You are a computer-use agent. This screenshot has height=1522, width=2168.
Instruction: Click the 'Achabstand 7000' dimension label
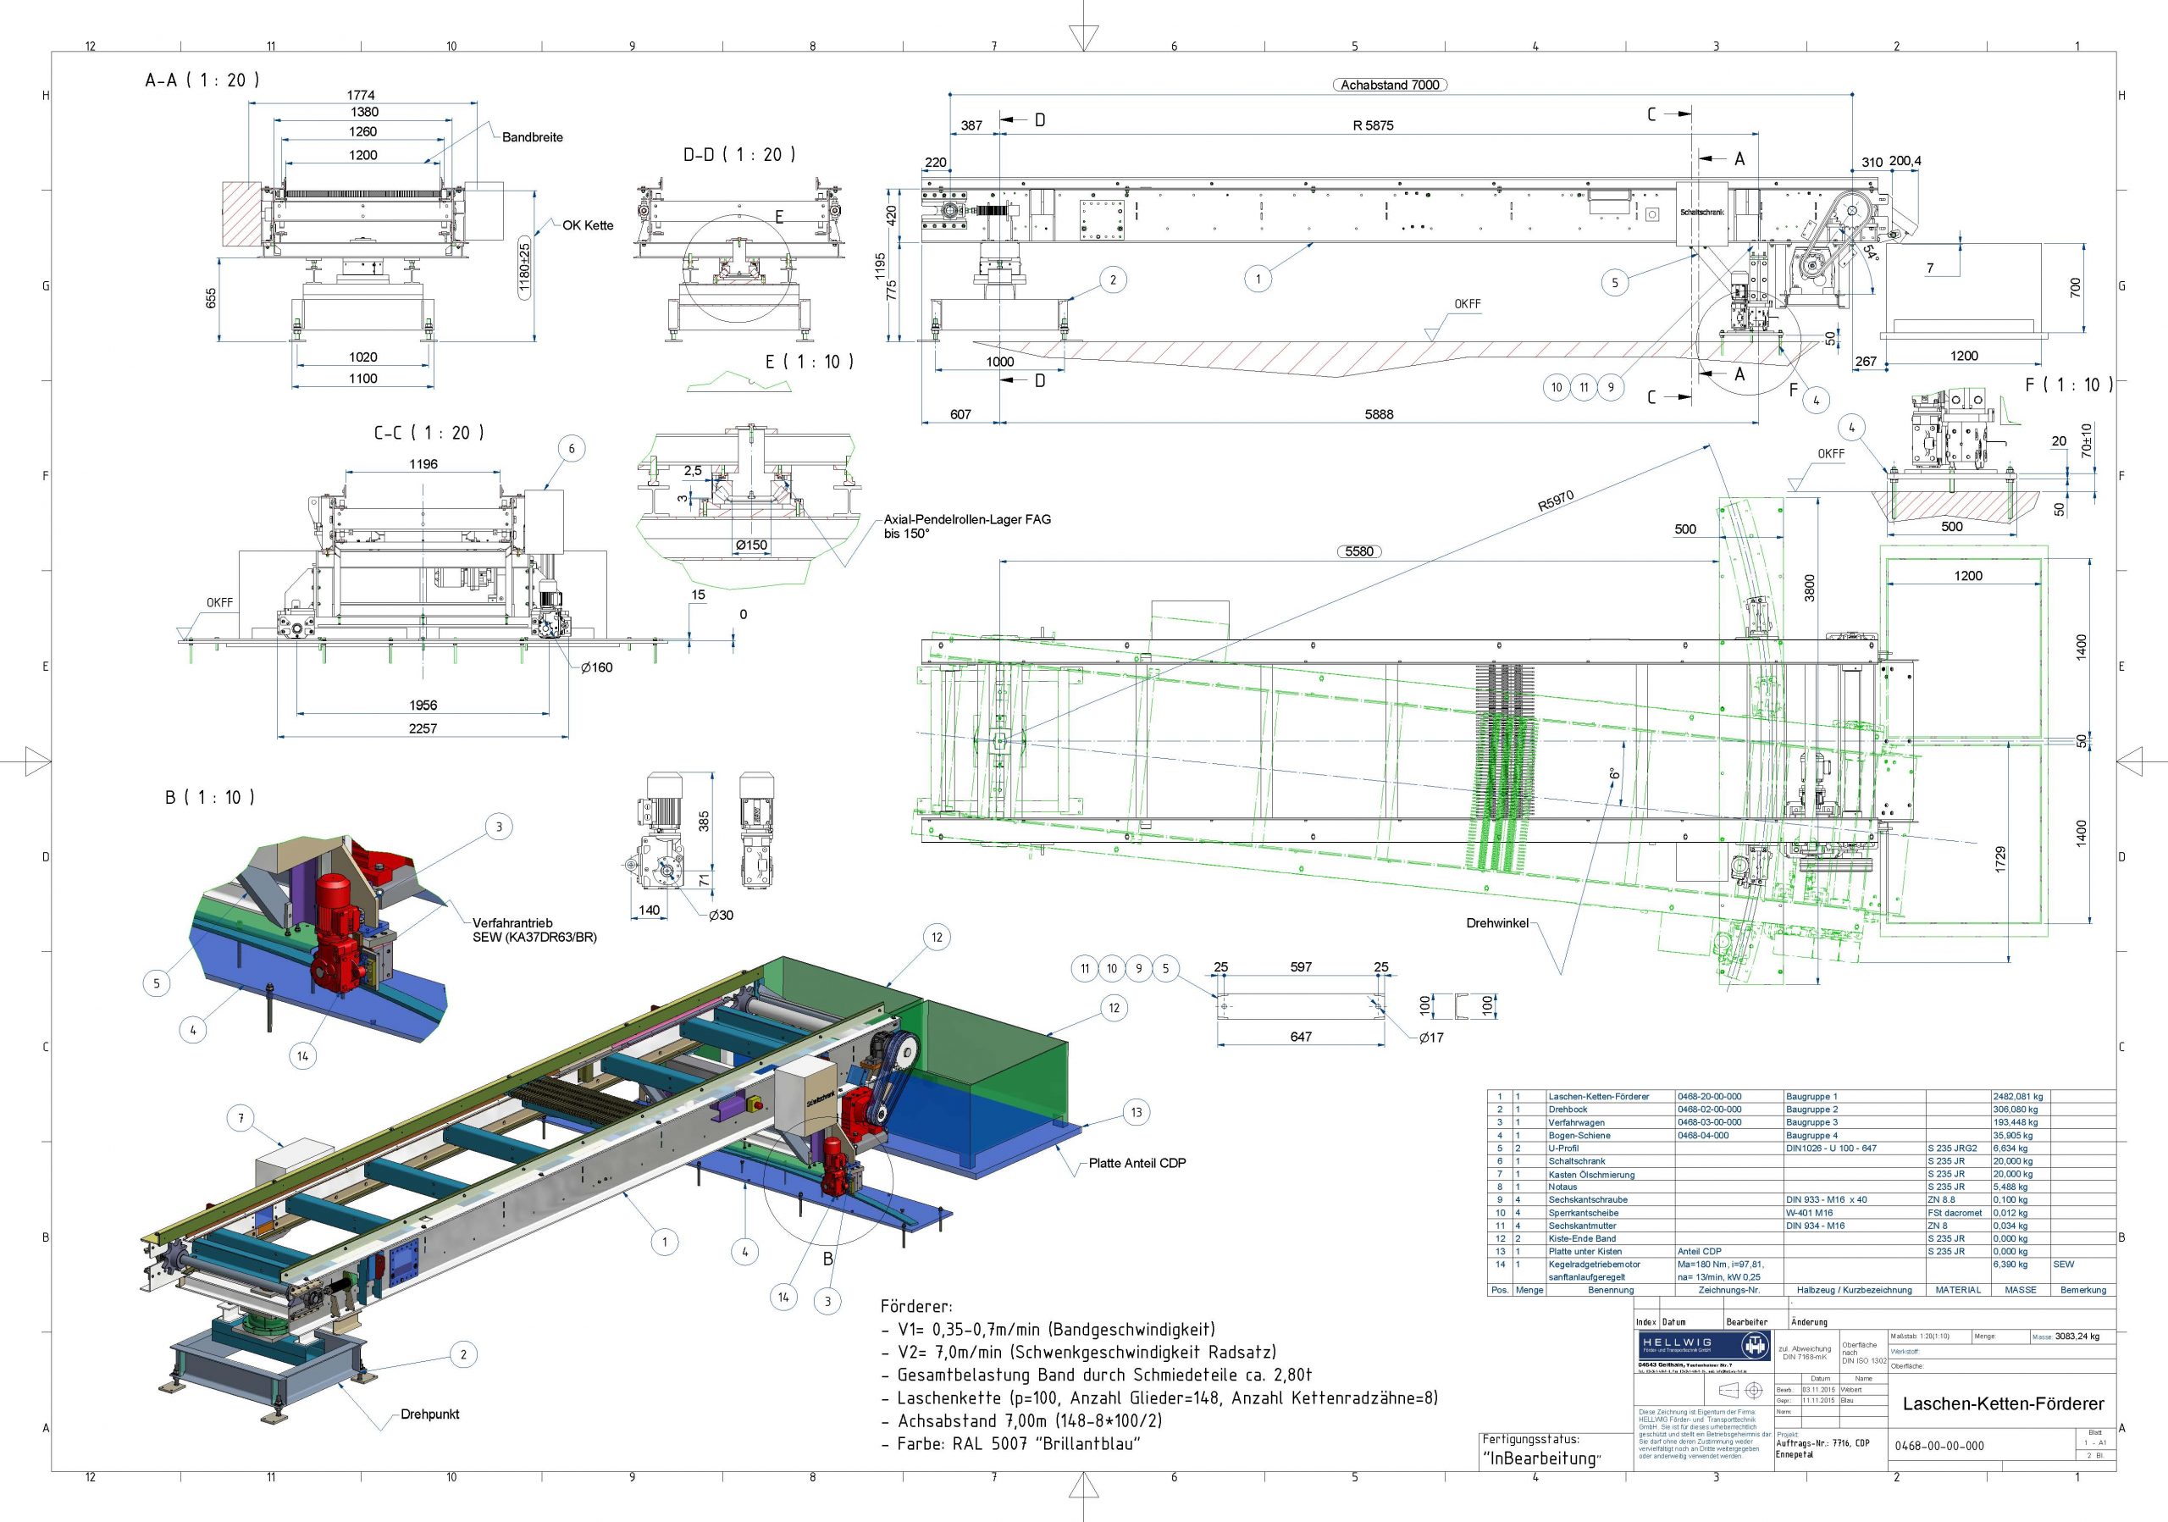tap(1390, 85)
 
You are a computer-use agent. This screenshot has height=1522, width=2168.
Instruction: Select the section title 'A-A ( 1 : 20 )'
tap(202, 80)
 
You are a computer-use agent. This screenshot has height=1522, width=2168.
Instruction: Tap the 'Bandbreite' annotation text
tap(532, 137)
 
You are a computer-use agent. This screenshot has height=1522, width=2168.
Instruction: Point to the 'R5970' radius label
tap(1555, 501)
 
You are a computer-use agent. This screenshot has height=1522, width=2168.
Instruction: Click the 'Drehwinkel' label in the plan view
tap(1496, 922)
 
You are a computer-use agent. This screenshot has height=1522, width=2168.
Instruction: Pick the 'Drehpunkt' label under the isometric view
tap(429, 1414)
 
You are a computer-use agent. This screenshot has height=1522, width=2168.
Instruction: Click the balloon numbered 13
tap(1136, 1112)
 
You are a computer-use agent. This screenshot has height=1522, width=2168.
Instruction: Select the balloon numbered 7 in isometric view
tap(241, 1119)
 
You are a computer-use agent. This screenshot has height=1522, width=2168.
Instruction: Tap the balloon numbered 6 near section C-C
tap(572, 449)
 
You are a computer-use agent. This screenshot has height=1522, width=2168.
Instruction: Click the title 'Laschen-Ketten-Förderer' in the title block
tap(2003, 1403)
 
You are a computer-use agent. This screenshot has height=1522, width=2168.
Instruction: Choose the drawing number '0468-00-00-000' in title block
tap(1938, 1446)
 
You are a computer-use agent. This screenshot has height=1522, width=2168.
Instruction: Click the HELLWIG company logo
tap(1705, 1348)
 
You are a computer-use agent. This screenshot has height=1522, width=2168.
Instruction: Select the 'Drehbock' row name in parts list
tap(1568, 1110)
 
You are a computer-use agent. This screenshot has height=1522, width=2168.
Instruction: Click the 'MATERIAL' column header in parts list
tap(1957, 1290)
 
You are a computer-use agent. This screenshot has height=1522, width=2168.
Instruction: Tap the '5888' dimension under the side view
tap(1379, 413)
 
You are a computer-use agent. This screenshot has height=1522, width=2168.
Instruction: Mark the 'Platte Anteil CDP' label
tap(1137, 1163)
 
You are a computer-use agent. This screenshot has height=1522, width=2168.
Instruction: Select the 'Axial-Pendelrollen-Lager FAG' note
tap(967, 519)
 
